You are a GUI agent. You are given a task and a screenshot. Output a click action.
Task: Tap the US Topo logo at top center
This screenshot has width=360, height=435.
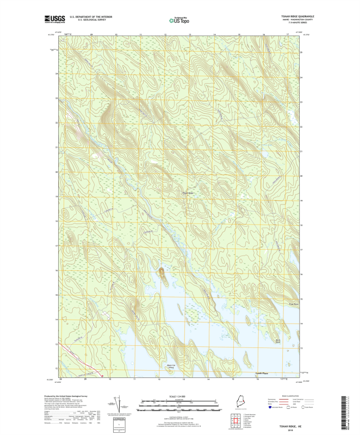click(x=179, y=21)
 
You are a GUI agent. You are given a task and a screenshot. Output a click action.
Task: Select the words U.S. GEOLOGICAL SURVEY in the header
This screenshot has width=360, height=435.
click(x=87, y=20)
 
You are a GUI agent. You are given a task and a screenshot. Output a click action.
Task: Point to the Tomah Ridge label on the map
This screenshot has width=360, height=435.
click(x=188, y=193)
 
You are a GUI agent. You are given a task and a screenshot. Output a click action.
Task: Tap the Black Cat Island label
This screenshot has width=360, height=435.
click(x=171, y=366)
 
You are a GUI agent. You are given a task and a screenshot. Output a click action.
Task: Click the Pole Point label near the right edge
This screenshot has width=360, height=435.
click(x=294, y=304)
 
